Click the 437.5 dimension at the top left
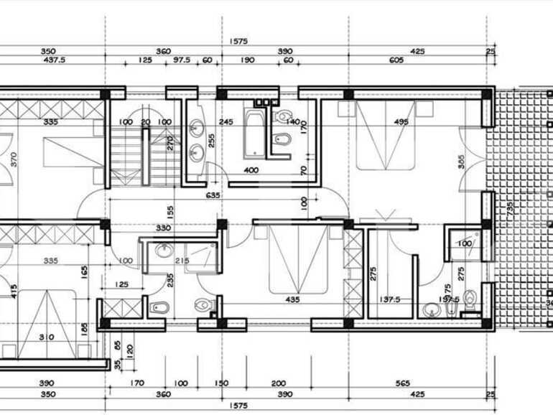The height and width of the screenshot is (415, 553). [x=55, y=61]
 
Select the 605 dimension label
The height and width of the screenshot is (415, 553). [x=396, y=61]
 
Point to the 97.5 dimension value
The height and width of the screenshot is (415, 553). [x=182, y=61]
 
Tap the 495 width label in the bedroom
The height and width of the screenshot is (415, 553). [x=401, y=122]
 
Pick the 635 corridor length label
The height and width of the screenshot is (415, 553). [x=213, y=195]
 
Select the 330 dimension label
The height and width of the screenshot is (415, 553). [x=163, y=228]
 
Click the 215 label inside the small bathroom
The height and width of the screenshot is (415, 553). [x=181, y=260]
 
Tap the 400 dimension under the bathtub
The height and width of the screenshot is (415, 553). [x=251, y=170]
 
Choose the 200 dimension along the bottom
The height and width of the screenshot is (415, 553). [x=279, y=383]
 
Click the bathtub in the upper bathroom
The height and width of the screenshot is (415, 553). [x=254, y=133]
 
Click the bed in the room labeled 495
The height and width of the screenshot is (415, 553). [x=391, y=136]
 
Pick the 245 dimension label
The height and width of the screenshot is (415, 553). [x=226, y=122]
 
